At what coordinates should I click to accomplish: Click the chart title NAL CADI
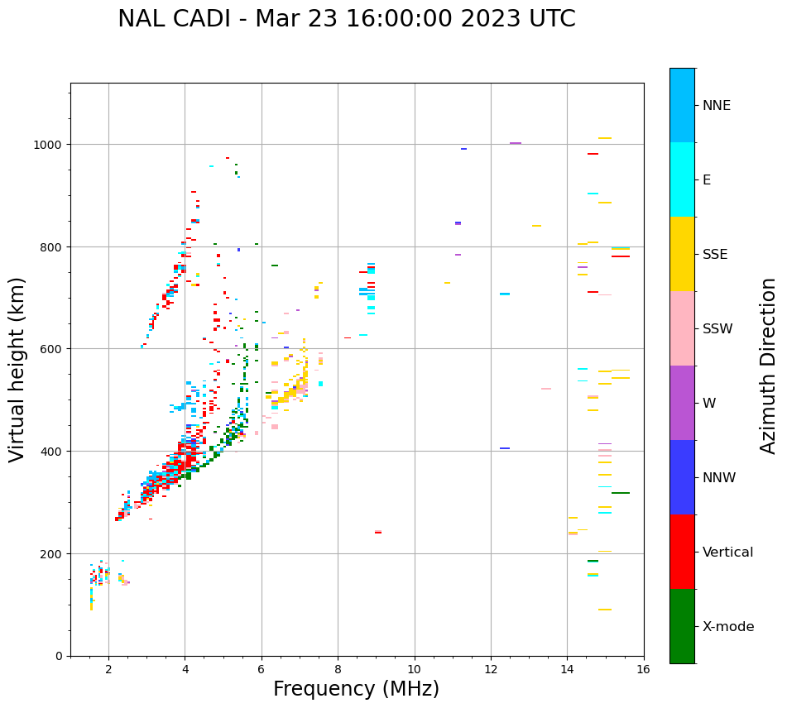point(346,19)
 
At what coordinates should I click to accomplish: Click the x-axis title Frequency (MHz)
point(356,689)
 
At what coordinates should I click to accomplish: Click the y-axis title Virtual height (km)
point(17,369)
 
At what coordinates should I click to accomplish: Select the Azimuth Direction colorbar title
point(769,366)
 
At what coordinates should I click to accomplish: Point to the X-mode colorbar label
point(728,626)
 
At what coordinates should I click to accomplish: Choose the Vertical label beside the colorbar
point(727,552)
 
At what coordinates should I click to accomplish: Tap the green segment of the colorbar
point(682,626)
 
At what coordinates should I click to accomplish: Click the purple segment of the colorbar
point(682,403)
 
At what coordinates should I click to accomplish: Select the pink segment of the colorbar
point(682,328)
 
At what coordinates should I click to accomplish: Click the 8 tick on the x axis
point(338,670)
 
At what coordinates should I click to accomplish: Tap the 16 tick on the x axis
point(644,670)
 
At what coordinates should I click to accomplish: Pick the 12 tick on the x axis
point(491,670)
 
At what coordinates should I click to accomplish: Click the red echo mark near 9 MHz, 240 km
point(378,533)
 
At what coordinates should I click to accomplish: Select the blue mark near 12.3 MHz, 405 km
point(505,448)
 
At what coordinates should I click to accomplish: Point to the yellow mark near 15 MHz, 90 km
point(605,610)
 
